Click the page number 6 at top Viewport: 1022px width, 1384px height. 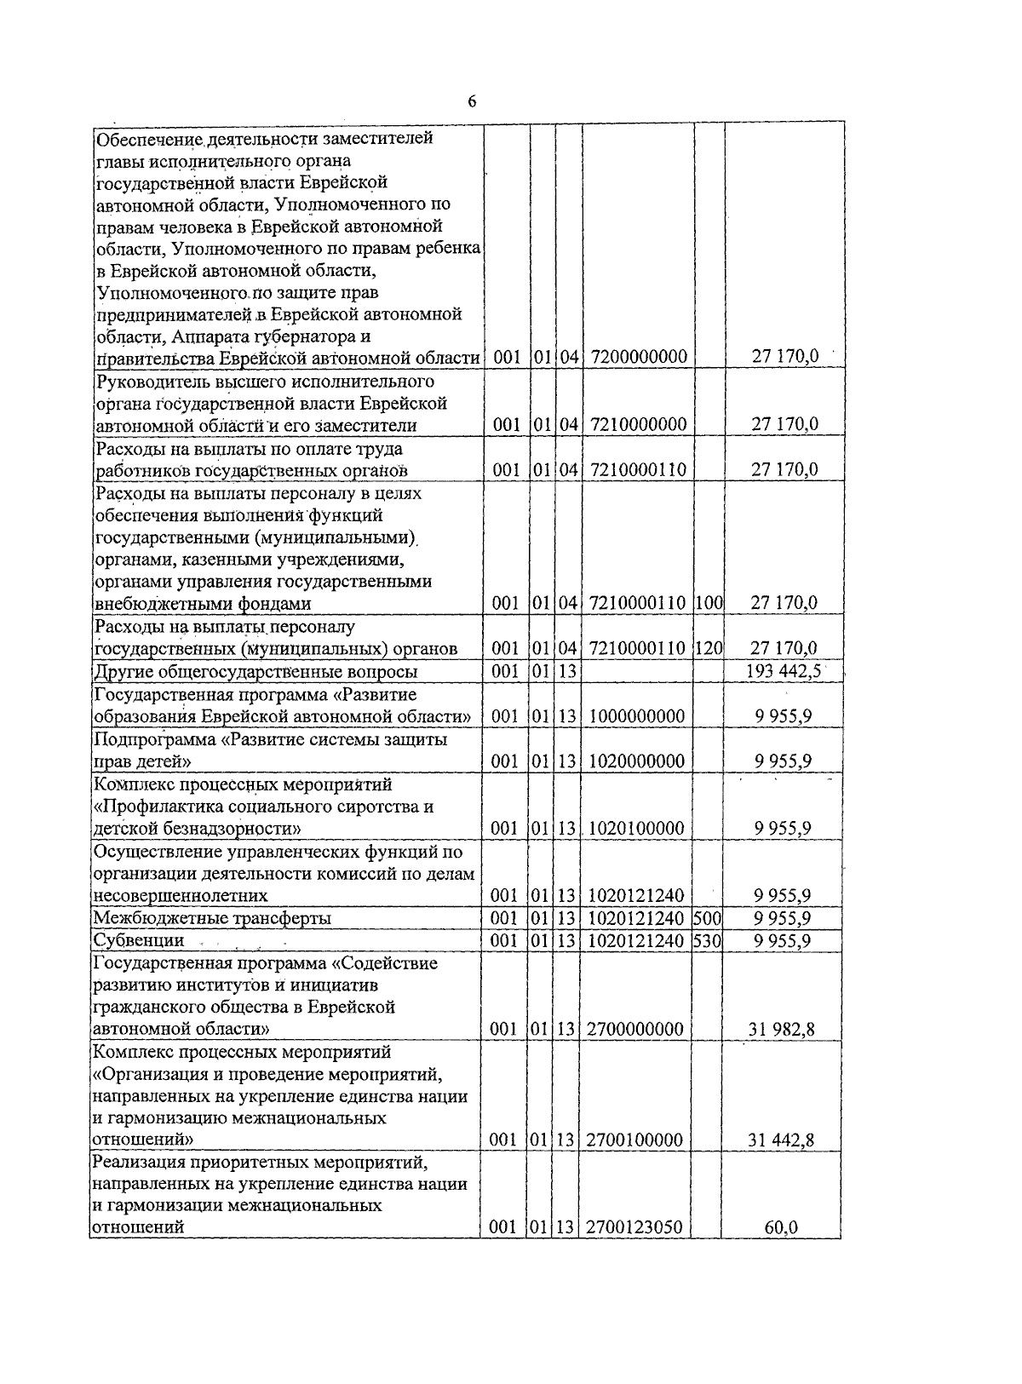[x=472, y=102]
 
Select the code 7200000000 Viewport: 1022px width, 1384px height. [x=638, y=357]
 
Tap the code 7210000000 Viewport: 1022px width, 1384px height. [x=638, y=424]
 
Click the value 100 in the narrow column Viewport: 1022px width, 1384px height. [x=709, y=603]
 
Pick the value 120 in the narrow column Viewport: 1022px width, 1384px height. [x=709, y=649]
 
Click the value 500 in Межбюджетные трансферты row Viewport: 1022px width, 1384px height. [x=708, y=918]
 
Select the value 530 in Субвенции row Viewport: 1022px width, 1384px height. [x=708, y=940]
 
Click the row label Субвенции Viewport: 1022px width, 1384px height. [x=138, y=940]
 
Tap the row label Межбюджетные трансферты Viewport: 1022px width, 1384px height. [x=211, y=918]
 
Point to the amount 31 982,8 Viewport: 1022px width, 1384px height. [x=782, y=1030]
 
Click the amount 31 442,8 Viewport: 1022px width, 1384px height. [x=782, y=1140]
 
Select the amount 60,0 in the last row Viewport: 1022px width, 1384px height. [x=781, y=1228]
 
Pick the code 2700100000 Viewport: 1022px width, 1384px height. [x=635, y=1140]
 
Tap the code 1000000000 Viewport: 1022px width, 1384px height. [x=636, y=716]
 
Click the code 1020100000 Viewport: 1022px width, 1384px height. [x=636, y=828]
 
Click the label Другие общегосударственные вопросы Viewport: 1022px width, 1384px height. [x=255, y=672]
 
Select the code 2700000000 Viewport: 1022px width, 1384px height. [x=635, y=1030]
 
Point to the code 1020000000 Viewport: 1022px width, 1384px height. [x=636, y=761]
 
